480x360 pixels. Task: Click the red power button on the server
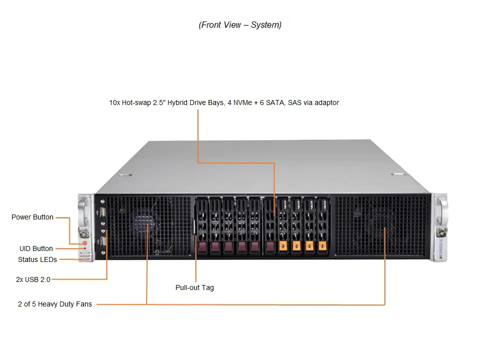[x=85, y=243]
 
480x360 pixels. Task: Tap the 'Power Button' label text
[x=32, y=217]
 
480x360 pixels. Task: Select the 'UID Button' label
[x=36, y=248]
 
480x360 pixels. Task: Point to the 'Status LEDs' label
[x=37, y=259]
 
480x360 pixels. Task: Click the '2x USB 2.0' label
[x=33, y=279]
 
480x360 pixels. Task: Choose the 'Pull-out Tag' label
[x=194, y=287]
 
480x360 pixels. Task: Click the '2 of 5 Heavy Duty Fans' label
[x=55, y=304]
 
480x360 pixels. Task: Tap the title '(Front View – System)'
[x=240, y=25]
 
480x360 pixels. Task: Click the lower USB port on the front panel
[x=103, y=242]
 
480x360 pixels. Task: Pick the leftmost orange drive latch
[x=283, y=246]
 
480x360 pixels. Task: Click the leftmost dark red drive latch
[x=202, y=246]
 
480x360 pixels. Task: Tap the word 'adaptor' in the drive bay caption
[x=326, y=102]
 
